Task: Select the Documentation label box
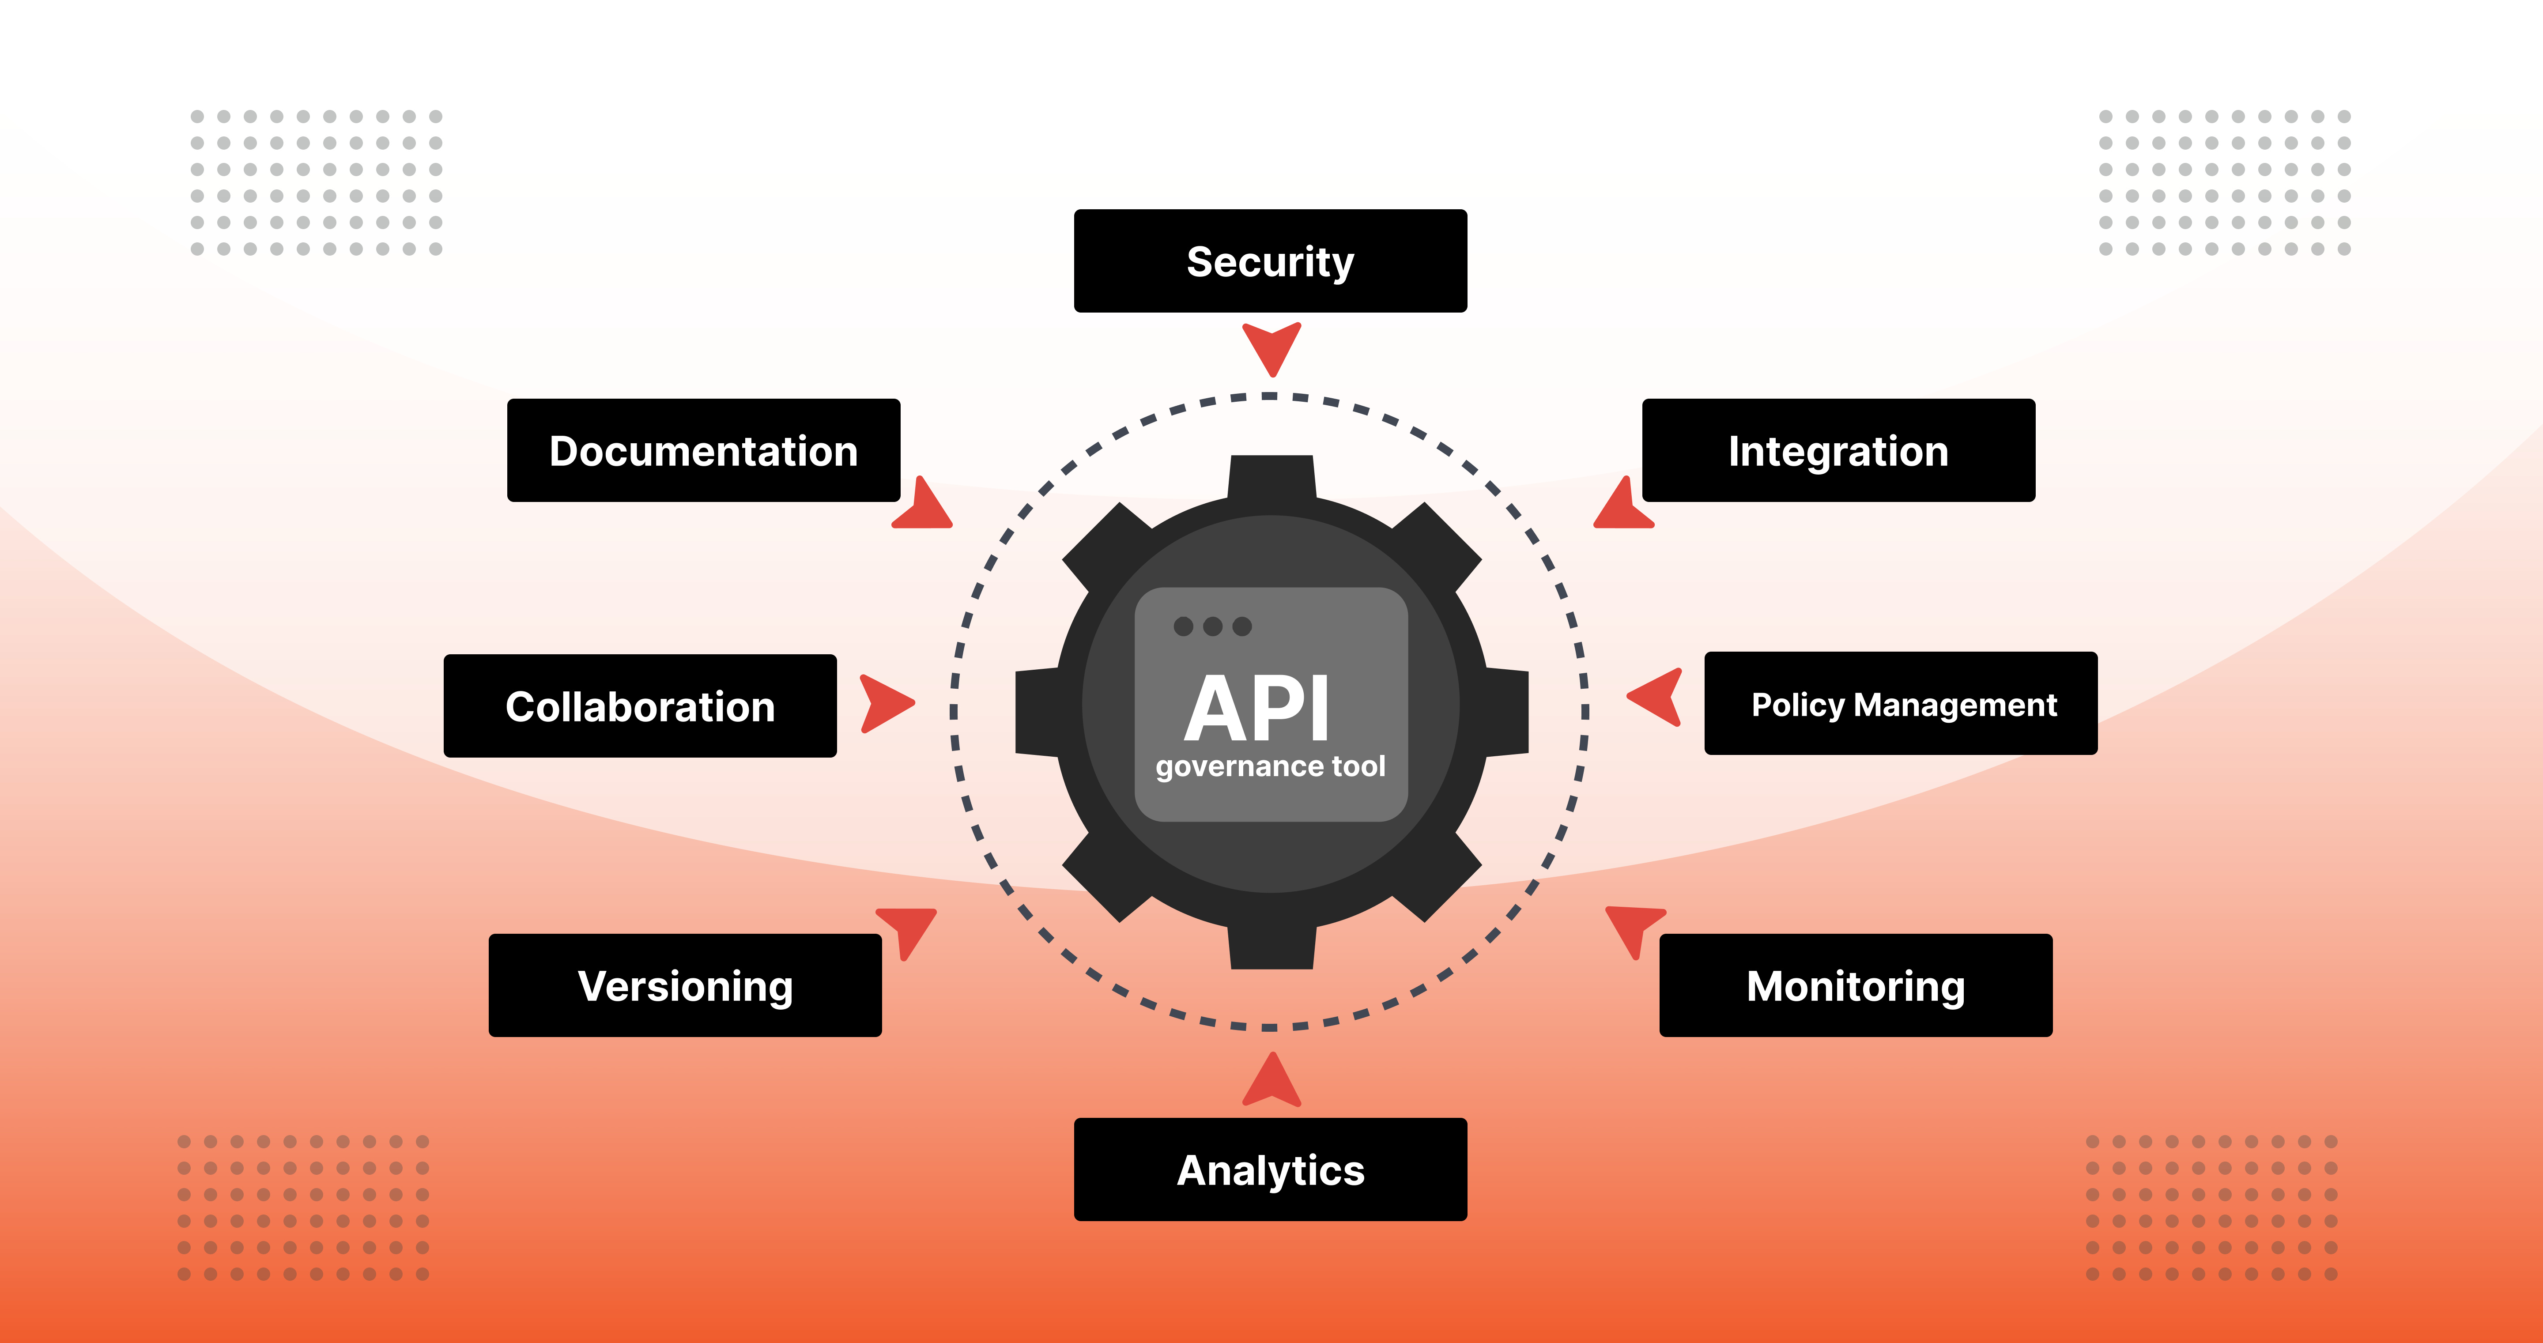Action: coord(703,450)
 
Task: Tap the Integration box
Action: coord(1838,450)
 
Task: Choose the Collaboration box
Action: coord(640,706)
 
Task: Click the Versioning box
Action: coord(685,985)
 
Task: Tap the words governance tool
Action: coord(1271,766)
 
